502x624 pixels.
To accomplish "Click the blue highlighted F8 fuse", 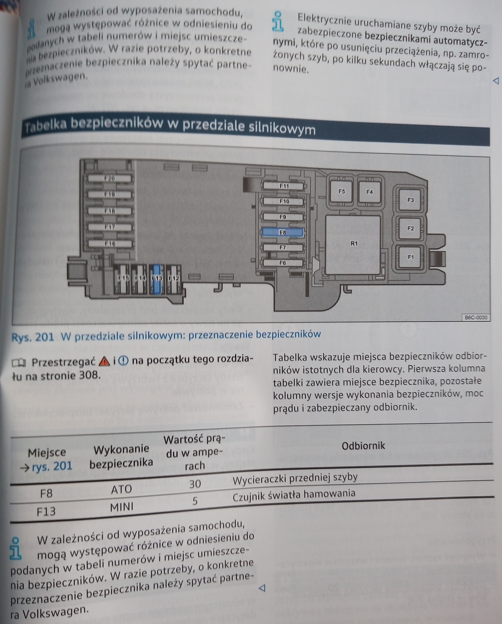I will (x=283, y=232).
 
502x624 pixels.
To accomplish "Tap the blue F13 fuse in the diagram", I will (x=156, y=279).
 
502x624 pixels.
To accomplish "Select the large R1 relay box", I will (x=353, y=245).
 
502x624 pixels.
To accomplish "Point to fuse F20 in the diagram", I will (x=109, y=178).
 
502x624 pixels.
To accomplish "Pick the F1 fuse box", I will (x=410, y=257).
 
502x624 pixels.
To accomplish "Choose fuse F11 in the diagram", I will (x=284, y=186).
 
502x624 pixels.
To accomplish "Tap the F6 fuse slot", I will (x=283, y=263).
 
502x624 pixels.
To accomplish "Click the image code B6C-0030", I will (x=476, y=317).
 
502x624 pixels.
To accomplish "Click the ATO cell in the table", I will (x=122, y=489).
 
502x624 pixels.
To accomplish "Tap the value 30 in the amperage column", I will (x=195, y=484).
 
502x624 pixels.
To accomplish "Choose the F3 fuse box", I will (x=410, y=200).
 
